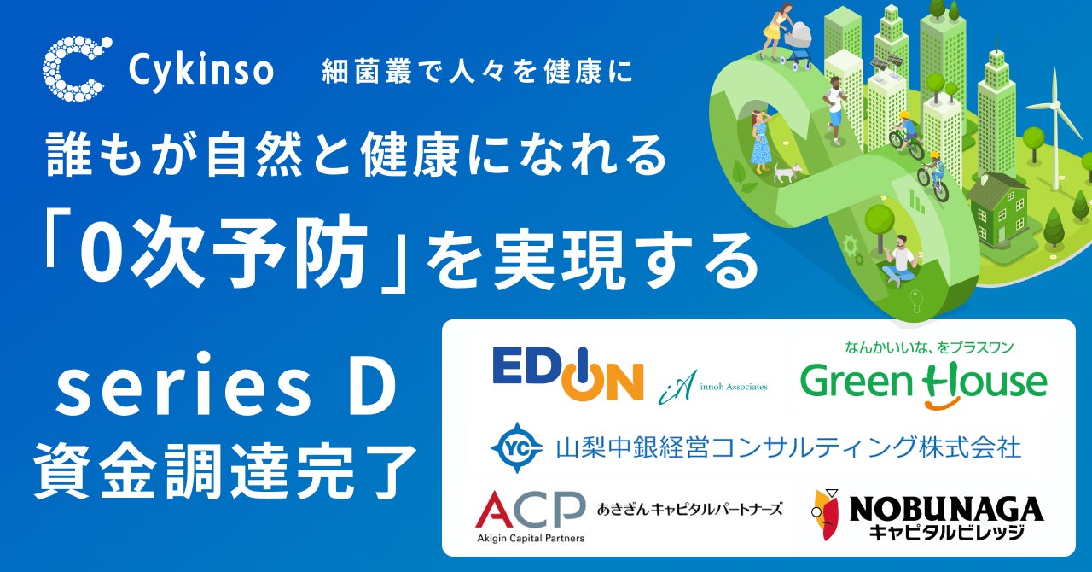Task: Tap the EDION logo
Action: [x=567, y=373]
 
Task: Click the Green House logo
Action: [x=923, y=381]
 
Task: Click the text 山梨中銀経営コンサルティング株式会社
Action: [x=787, y=448]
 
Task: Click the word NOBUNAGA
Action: [x=946, y=509]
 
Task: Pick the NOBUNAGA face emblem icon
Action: [x=823, y=515]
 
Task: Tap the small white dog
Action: [x=785, y=173]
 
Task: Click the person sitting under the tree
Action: [x=899, y=260]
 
